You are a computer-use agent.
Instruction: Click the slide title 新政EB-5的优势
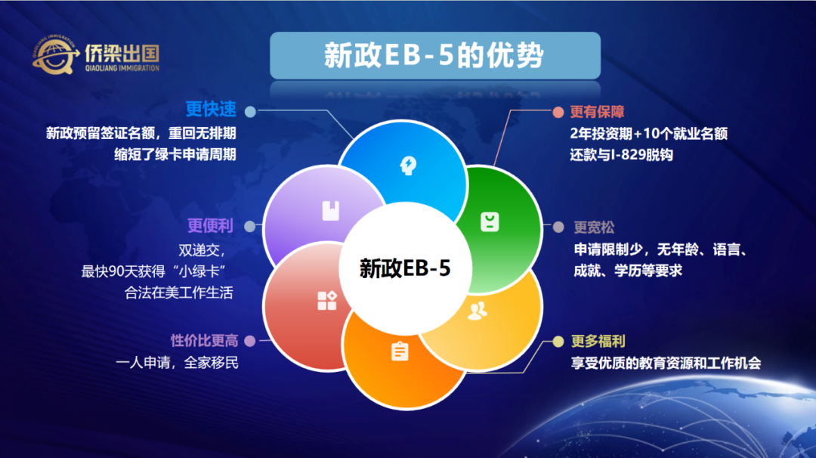click(x=434, y=55)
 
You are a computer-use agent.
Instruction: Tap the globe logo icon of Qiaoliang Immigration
click(x=54, y=55)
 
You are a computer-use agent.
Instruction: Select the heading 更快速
click(x=211, y=110)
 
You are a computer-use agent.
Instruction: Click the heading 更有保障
click(x=597, y=112)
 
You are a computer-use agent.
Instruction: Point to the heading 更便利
click(x=210, y=226)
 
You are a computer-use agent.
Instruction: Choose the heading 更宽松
click(x=594, y=227)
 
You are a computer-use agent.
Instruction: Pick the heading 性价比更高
click(x=205, y=341)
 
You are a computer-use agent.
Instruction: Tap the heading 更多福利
click(x=598, y=342)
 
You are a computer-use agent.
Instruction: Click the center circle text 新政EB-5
click(x=405, y=268)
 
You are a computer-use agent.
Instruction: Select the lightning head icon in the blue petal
click(x=408, y=166)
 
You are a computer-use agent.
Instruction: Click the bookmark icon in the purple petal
click(x=331, y=211)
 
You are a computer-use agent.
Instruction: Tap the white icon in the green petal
click(x=490, y=222)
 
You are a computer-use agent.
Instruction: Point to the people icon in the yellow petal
click(x=478, y=311)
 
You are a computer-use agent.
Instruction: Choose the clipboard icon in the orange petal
click(x=400, y=351)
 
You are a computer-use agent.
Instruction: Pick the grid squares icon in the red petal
click(x=327, y=301)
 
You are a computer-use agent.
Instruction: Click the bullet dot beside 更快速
click(x=250, y=112)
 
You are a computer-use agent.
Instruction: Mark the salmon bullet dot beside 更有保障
click(x=558, y=113)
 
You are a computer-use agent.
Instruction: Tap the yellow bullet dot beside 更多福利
click(x=558, y=342)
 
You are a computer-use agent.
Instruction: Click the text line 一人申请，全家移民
click(x=177, y=362)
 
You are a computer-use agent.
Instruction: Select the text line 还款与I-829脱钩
click(x=621, y=155)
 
